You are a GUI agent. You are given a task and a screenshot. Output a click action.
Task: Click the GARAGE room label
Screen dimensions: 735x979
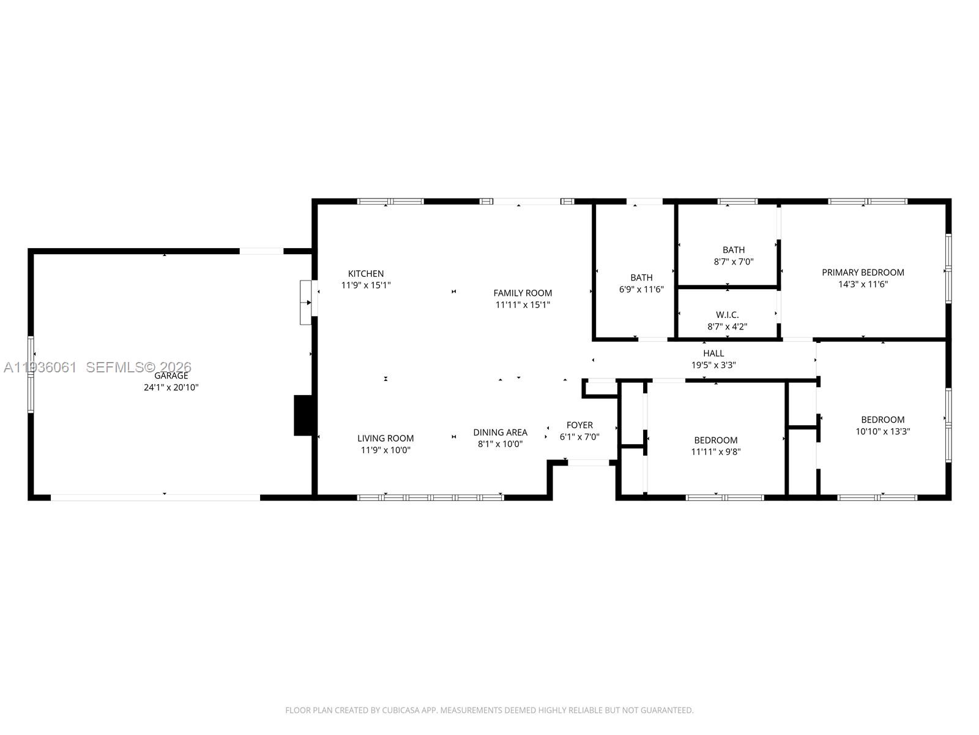pos(171,376)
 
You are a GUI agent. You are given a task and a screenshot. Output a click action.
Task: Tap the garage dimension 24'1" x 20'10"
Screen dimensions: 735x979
pos(171,388)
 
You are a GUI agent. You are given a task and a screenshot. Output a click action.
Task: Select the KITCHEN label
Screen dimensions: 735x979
pos(366,274)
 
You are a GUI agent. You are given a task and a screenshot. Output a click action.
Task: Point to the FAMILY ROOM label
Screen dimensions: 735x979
pos(523,293)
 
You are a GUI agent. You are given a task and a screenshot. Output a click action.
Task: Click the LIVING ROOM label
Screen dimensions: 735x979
pos(385,438)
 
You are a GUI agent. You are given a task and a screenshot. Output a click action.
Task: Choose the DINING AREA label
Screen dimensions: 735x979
pos(500,432)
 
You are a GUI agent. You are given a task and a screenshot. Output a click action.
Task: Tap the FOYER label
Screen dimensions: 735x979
pos(579,425)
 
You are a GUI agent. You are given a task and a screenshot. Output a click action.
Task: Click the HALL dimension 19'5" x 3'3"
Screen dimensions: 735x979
pos(713,365)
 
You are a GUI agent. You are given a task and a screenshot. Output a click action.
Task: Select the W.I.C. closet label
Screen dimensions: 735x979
pos(727,315)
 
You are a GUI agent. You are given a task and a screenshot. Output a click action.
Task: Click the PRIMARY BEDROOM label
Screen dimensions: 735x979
pos(863,273)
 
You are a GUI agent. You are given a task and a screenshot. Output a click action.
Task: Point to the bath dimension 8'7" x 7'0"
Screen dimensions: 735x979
pos(734,262)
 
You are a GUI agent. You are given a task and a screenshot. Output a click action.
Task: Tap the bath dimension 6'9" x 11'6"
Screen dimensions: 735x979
pos(641,289)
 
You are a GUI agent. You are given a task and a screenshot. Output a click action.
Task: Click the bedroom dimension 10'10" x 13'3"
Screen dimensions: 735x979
pos(882,431)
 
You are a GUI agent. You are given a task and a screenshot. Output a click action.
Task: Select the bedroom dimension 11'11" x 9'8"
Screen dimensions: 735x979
pos(716,452)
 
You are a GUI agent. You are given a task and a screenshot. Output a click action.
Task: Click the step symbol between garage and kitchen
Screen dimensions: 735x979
pos(306,303)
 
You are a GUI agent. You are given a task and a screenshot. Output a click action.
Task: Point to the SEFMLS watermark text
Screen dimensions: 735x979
pos(138,367)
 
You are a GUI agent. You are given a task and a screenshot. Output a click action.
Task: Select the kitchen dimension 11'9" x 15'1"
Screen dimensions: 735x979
pos(366,285)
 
